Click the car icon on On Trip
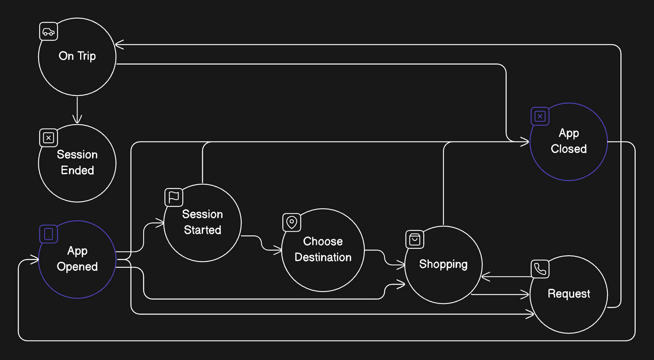(x=48, y=32)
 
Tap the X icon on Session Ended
(x=48, y=138)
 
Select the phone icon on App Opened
(x=48, y=234)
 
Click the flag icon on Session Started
(x=174, y=197)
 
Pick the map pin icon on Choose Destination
(x=292, y=223)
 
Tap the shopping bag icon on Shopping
(x=415, y=240)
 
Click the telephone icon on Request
(x=540, y=269)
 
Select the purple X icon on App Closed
(x=540, y=116)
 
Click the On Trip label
(x=77, y=56)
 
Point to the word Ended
(x=77, y=170)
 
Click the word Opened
(x=77, y=267)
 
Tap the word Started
(x=202, y=230)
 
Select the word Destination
(x=323, y=257)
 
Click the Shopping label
(x=443, y=264)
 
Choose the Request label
(x=569, y=294)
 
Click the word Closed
(x=569, y=149)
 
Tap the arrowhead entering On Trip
(x=119, y=45)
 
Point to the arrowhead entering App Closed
(x=525, y=142)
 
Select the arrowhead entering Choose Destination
(x=278, y=250)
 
